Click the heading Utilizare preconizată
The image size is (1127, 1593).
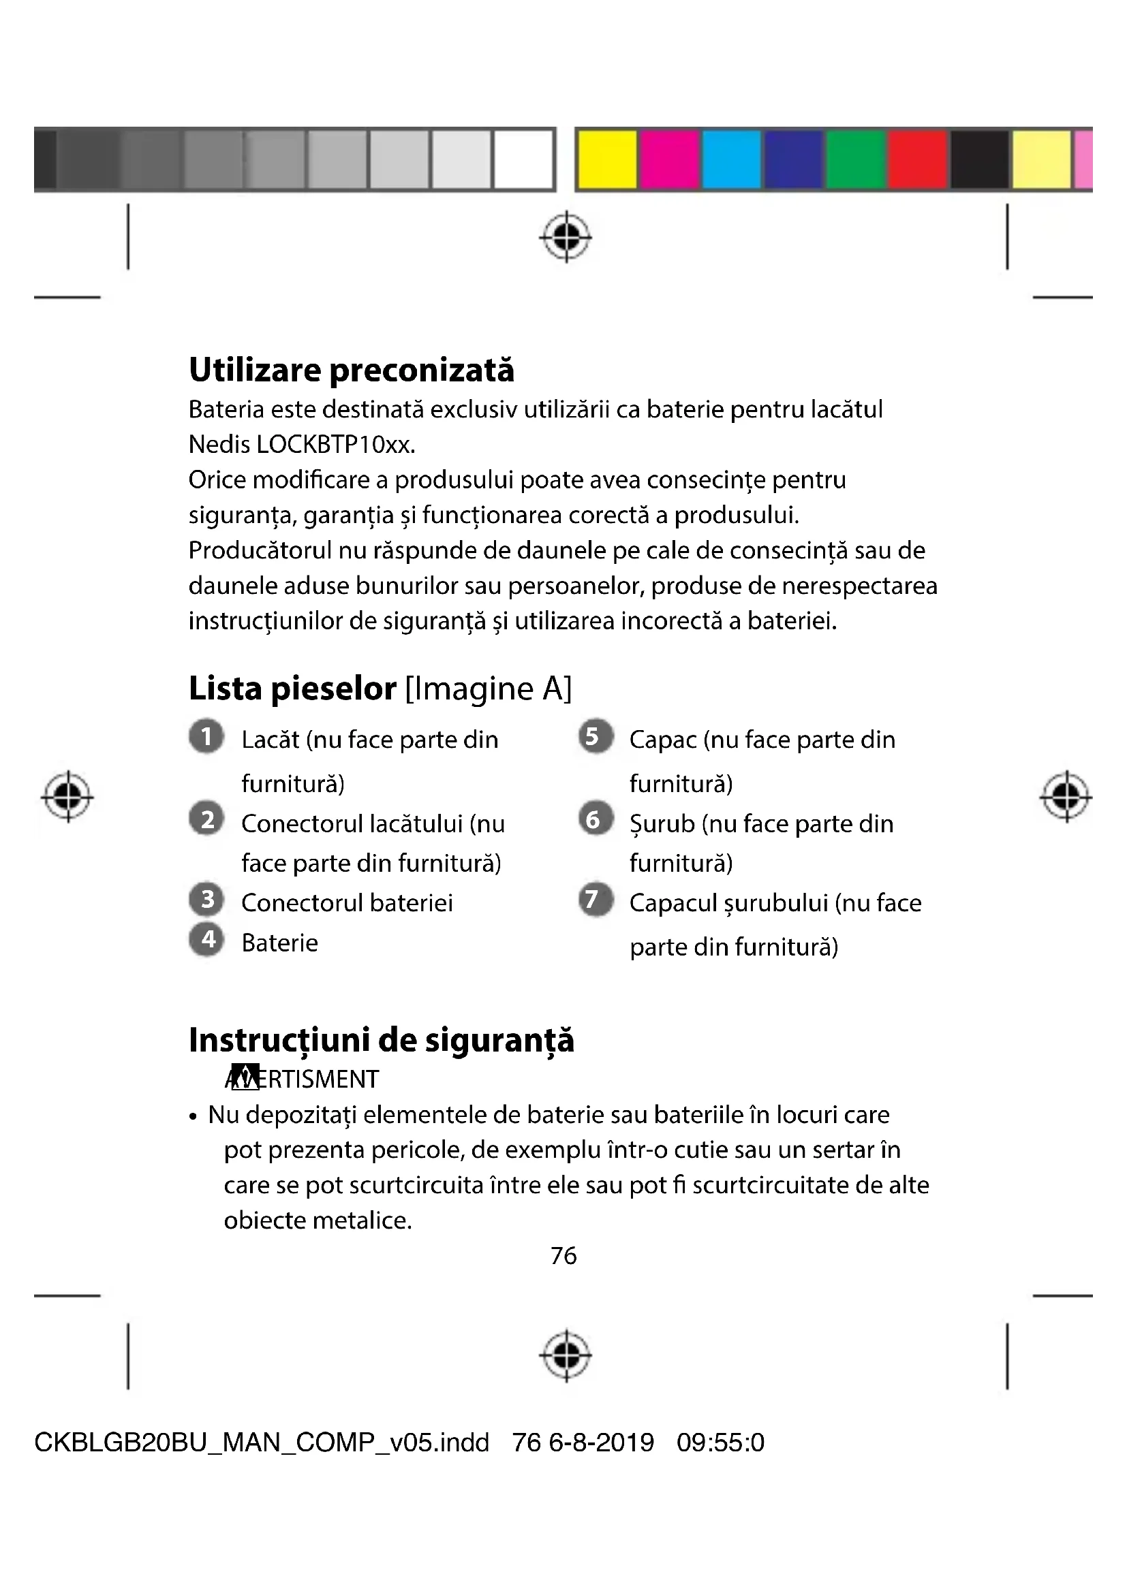(351, 370)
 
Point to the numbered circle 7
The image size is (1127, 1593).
(596, 900)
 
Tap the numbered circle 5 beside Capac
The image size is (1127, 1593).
(596, 736)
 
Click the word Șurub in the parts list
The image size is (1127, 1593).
(662, 824)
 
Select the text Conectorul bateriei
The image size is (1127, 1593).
(347, 903)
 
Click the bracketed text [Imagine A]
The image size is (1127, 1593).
(488, 689)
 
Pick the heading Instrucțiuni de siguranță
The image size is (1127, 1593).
(381, 1040)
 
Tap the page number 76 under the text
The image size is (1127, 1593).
(563, 1256)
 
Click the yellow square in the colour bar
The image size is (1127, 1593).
(607, 159)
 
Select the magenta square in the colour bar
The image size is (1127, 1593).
(669, 159)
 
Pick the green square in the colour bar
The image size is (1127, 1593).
(856, 159)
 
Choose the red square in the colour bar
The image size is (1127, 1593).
(917, 159)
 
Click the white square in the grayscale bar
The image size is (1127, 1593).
(523, 159)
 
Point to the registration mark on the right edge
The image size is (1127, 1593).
(1066, 797)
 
